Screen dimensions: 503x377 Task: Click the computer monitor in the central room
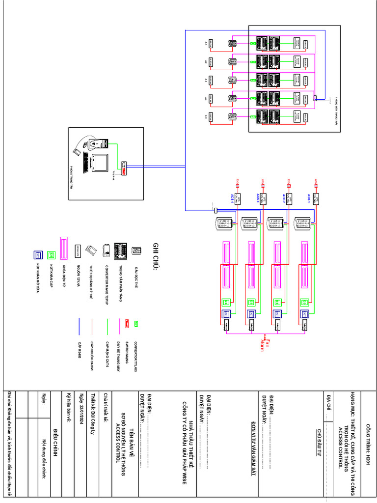(x=101, y=163)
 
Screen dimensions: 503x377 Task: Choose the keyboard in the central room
(x=86, y=163)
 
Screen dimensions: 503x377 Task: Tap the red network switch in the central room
(x=123, y=169)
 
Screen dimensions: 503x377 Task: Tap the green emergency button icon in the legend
(x=51, y=255)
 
